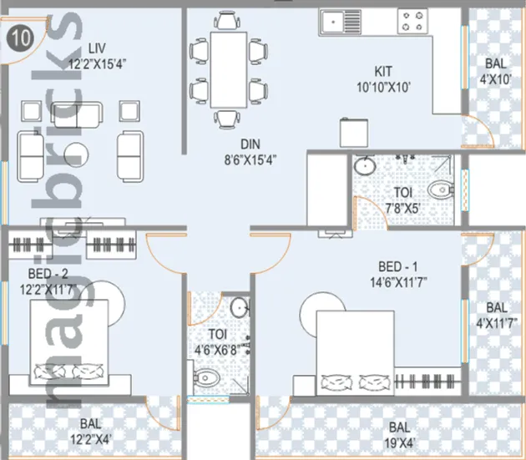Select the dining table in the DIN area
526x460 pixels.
[x=228, y=69]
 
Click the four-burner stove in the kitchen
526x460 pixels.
[x=412, y=20]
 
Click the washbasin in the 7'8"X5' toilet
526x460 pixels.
[x=367, y=167]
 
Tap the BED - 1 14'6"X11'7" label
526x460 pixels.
[x=402, y=274]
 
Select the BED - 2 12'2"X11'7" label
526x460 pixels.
[x=52, y=281]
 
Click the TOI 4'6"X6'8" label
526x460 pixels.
[x=219, y=341]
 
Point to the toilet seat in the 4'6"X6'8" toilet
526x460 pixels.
[x=205, y=380]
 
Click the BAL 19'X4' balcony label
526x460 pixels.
[x=403, y=433]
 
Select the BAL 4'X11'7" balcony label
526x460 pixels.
[x=496, y=315]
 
